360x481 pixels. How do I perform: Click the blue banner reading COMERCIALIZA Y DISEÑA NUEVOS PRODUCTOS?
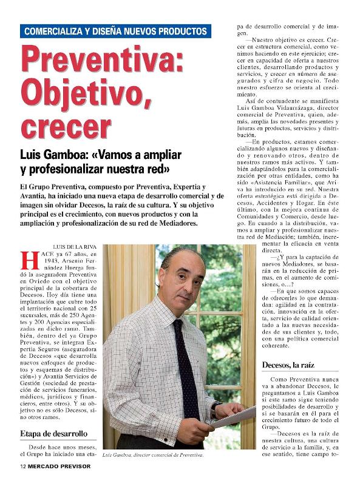coord(115,31)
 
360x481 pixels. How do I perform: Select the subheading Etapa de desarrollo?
coord(54,434)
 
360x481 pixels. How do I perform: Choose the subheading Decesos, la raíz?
coord(291,365)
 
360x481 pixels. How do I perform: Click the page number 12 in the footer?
coord(22,466)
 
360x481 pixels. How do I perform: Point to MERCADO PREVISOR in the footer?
coord(58,466)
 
